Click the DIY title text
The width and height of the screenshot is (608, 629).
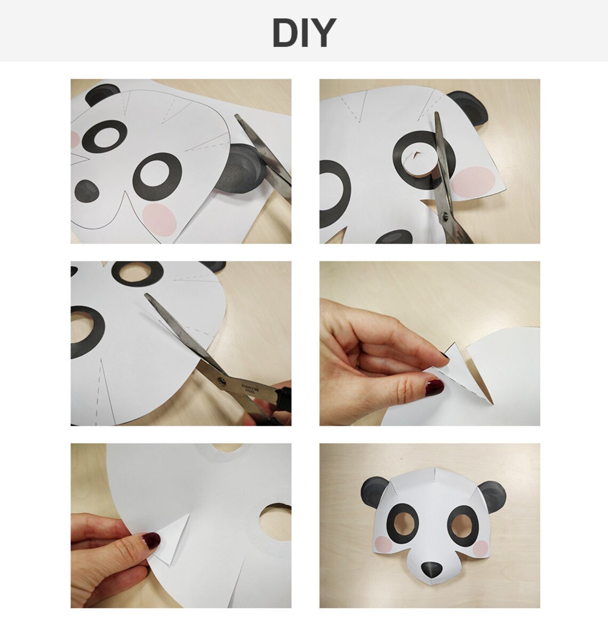coord(303,33)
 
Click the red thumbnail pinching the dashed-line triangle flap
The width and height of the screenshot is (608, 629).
coord(433,386)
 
